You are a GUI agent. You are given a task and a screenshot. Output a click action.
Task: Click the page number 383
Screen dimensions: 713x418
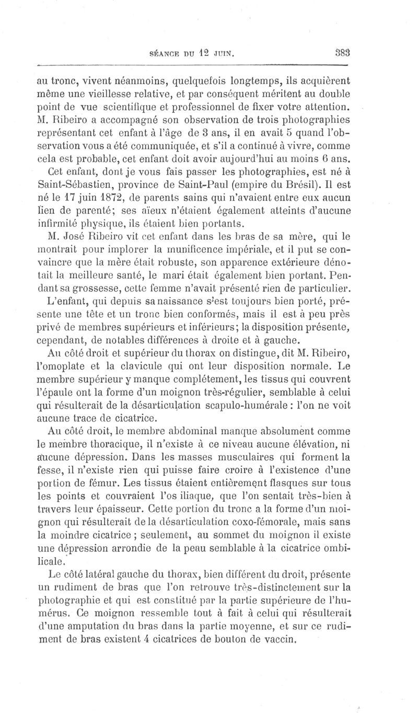coord(342,52)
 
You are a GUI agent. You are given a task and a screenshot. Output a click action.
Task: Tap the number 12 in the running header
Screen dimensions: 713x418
coord(205,52)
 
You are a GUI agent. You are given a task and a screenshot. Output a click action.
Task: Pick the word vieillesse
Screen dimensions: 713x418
coord(106,93)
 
